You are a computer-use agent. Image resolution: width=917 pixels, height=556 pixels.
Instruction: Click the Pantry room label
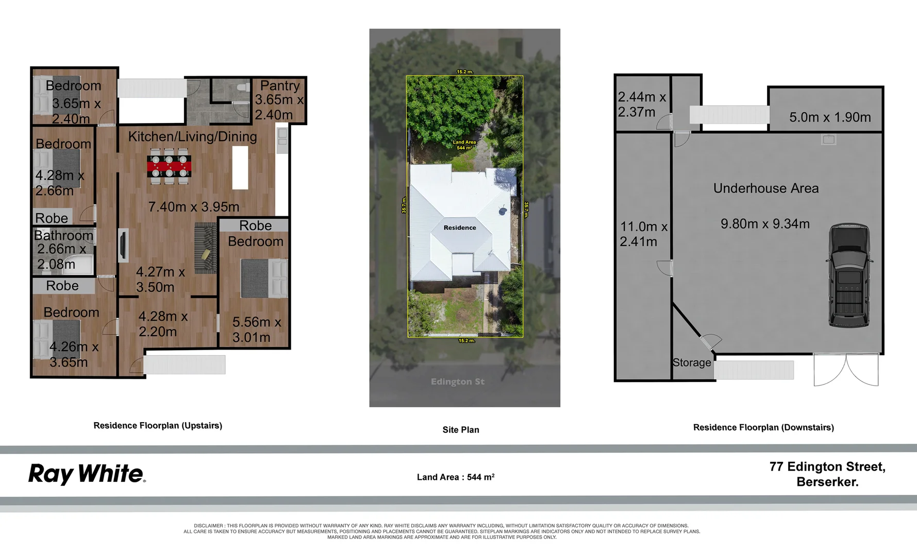280,85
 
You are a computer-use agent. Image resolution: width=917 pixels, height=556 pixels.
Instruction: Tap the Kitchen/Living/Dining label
192,136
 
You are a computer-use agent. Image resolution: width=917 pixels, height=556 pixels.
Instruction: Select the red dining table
169,166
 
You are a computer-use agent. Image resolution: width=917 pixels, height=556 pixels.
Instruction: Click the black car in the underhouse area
848,275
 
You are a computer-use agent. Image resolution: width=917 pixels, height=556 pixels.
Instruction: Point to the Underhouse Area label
765,188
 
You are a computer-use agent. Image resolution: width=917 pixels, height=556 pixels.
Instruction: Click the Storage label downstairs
691,362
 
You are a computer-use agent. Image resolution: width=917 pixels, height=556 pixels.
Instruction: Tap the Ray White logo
87,474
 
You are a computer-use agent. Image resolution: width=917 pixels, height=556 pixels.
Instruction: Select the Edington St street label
457,381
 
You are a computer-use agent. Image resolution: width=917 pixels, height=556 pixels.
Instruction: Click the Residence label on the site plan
460,228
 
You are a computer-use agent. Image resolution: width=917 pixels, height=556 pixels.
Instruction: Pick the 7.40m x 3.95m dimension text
194,207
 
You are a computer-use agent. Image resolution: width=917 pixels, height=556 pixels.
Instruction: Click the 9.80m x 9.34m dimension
765,224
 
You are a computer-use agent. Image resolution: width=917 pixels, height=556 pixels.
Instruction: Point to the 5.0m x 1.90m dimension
830,117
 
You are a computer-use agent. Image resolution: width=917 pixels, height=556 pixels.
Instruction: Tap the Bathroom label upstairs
64,235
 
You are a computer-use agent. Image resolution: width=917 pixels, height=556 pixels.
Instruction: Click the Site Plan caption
460,430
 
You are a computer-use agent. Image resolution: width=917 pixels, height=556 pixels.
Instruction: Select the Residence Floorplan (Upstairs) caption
158,426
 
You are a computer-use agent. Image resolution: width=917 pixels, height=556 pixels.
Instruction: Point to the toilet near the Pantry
241,88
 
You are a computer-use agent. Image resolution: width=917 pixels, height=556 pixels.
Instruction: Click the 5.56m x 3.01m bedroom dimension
256,329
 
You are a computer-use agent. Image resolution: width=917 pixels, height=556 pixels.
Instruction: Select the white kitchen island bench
240,168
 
